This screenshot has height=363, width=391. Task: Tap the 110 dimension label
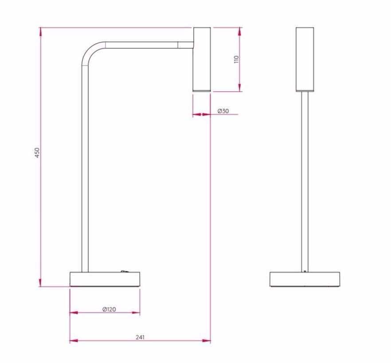click(236, 59)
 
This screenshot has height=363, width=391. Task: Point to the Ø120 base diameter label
click(109, 309)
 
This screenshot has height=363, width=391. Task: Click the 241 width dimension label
click(140, 337)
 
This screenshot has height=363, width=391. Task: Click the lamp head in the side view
click(202, 59)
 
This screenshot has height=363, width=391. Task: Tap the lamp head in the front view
click(305, 59)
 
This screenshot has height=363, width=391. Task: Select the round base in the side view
click(105, 279)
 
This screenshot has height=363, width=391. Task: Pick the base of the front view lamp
click(305, 279)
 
